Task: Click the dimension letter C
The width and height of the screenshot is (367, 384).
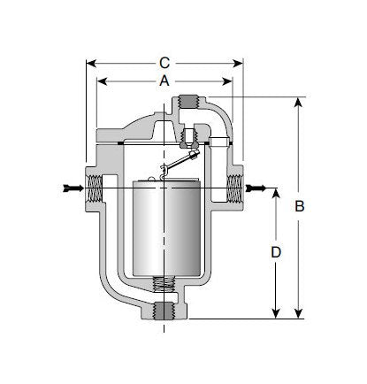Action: (x=164, y=63)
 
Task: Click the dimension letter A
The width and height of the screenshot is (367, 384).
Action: (x=164, y=81)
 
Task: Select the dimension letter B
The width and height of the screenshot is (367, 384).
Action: (x=300, y=206)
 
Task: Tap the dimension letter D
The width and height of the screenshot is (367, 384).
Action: (x=276, y=252)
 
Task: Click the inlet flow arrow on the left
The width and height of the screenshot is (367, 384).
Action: (x=73, y=188)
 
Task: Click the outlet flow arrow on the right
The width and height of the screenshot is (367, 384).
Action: (x=256, y=188)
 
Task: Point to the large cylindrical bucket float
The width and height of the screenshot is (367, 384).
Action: (x=166, y=227)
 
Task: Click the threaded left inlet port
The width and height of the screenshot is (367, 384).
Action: (x=95, y=188)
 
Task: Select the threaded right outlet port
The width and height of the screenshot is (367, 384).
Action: (x=234, y=188)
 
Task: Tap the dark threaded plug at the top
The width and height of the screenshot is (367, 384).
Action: (x=188, y=102)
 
